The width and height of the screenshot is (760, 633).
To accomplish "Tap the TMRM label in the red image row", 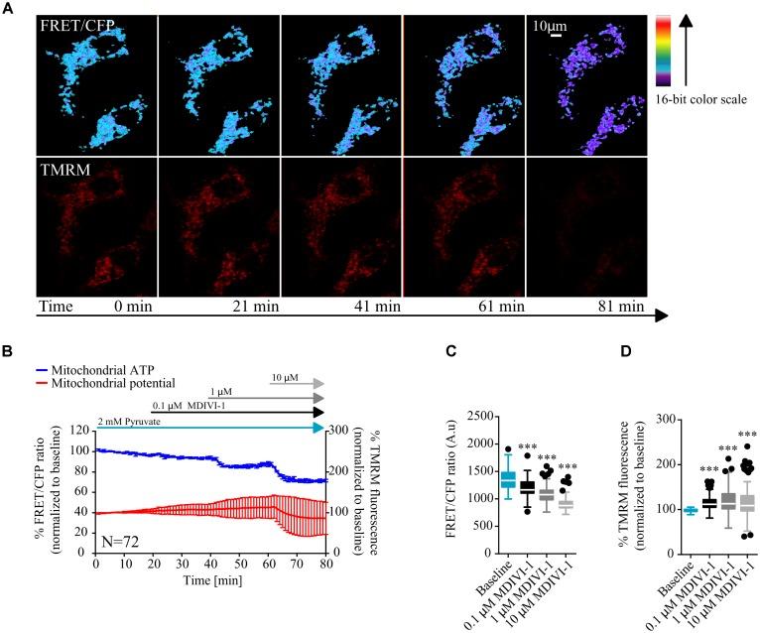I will [61, 172].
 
